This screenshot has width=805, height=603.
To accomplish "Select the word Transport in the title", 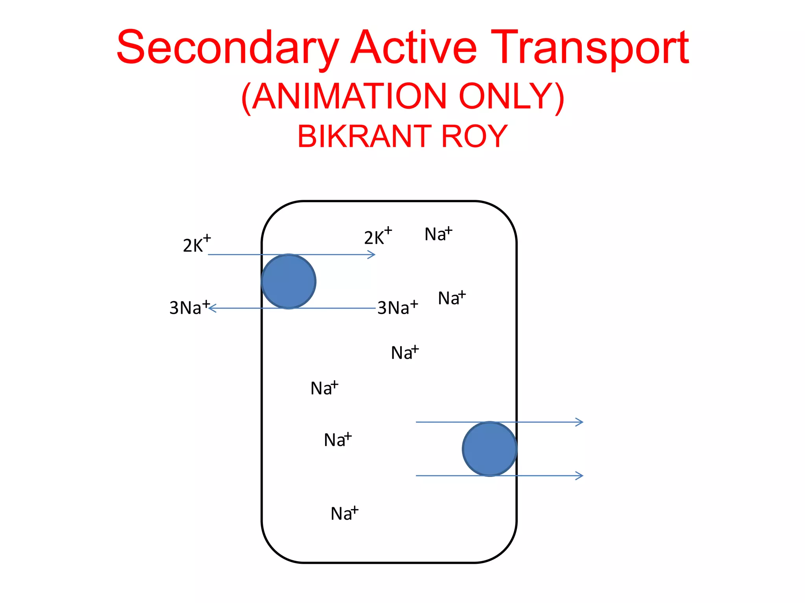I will coord(590,48).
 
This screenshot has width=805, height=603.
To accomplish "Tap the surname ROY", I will coord(474,136).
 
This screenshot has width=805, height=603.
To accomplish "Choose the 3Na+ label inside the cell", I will coord(397,307).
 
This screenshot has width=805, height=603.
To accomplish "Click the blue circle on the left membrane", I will coord(289,281).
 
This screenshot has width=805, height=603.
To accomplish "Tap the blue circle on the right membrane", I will coord(489,449).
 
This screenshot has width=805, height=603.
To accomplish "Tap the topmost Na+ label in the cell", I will coord(438,234).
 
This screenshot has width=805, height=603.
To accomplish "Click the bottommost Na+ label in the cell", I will coord(344,513).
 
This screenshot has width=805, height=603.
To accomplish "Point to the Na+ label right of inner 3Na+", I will coord(451,298).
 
